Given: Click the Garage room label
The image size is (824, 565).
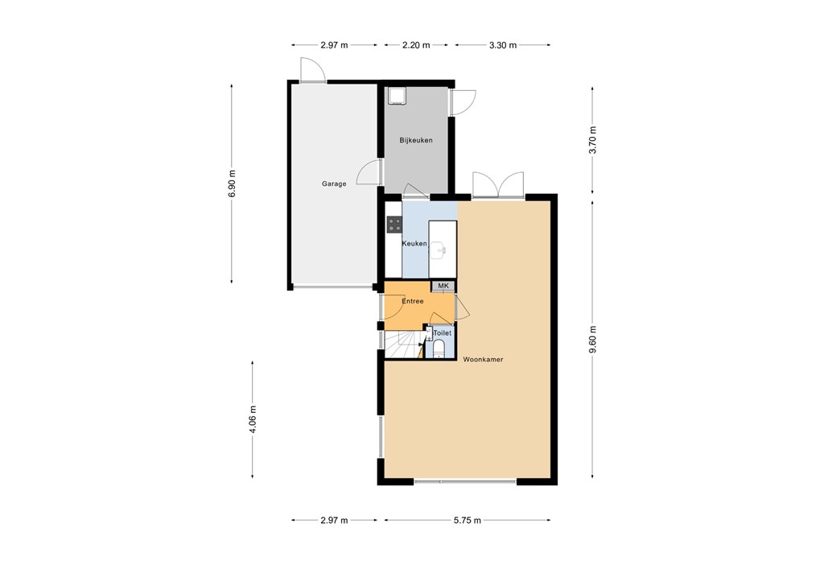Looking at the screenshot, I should pyautogui.click(x=334, y=184).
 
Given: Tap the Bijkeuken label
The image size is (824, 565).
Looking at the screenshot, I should pyautogui.click(x=416, y=140).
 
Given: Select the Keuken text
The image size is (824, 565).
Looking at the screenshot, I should pyautogui.click(x=414, y=243).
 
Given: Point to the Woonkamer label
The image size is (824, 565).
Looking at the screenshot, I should pyautogui.click(x=483, y=360).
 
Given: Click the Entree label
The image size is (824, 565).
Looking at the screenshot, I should pyautogui.click(x=413, y=302).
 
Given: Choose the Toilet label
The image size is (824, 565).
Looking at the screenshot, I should pyautogui.click(x=443, y=332).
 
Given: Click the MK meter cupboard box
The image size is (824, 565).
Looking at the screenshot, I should pyautogui.click(x=443, y=287).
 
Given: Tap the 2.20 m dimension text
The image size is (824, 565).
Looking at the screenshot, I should pyautogui.click(x=415, y=45).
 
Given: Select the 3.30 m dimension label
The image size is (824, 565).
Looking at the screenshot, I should pyautogui.click(x=502, y=45).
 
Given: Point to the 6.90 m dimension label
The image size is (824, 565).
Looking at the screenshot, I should pyautogui.click(x=233, y=184).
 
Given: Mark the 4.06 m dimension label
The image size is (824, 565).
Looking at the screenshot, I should pyautogui.click(x=253, y=419).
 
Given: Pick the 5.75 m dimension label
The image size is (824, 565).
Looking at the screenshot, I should pyautogui.click(x=467, y=521).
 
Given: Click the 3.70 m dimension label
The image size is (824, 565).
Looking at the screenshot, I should pyautogui.click(x=592, y=140).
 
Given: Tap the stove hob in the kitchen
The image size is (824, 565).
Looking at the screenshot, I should pyautogui.click(x=394, y=225).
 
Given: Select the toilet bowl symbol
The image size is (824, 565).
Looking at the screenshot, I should pyautogui.click(x=439, y=349).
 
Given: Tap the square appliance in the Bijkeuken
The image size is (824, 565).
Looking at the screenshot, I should pyautogui.click(x=397, y=97).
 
